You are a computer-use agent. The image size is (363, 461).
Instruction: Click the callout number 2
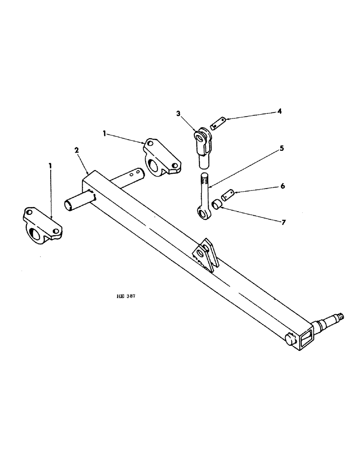point(76,150)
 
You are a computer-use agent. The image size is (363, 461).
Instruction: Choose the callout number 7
point(283,223)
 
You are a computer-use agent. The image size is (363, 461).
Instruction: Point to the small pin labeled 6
point(228,195)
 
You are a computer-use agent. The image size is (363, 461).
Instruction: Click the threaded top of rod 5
point(205,179)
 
